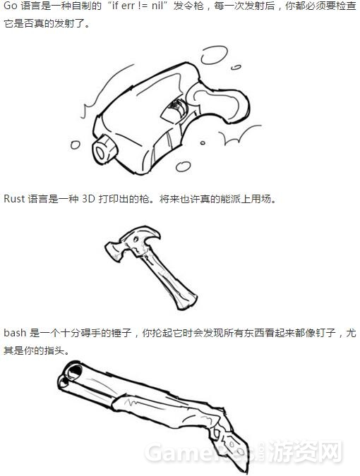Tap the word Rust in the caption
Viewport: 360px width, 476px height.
tap(15, 198)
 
